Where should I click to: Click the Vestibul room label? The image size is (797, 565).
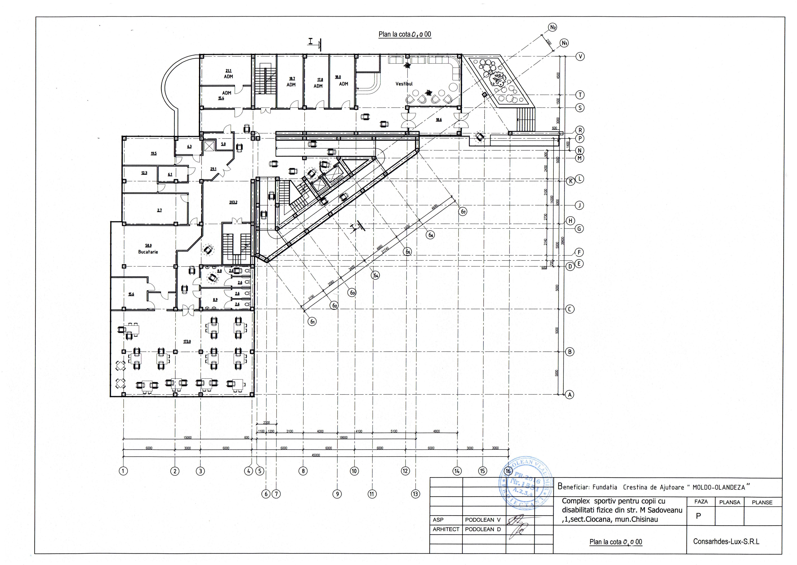[404, 84]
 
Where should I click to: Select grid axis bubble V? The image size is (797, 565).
[580, 56]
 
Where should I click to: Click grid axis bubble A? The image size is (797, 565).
[569, 395]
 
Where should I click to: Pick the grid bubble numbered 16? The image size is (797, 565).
[508, 471]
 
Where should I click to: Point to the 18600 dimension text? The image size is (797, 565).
[343, 438]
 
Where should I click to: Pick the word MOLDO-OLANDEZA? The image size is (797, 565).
[719, 487]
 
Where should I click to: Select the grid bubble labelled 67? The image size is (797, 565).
[463, 212]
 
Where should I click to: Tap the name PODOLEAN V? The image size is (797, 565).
[483, 520]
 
